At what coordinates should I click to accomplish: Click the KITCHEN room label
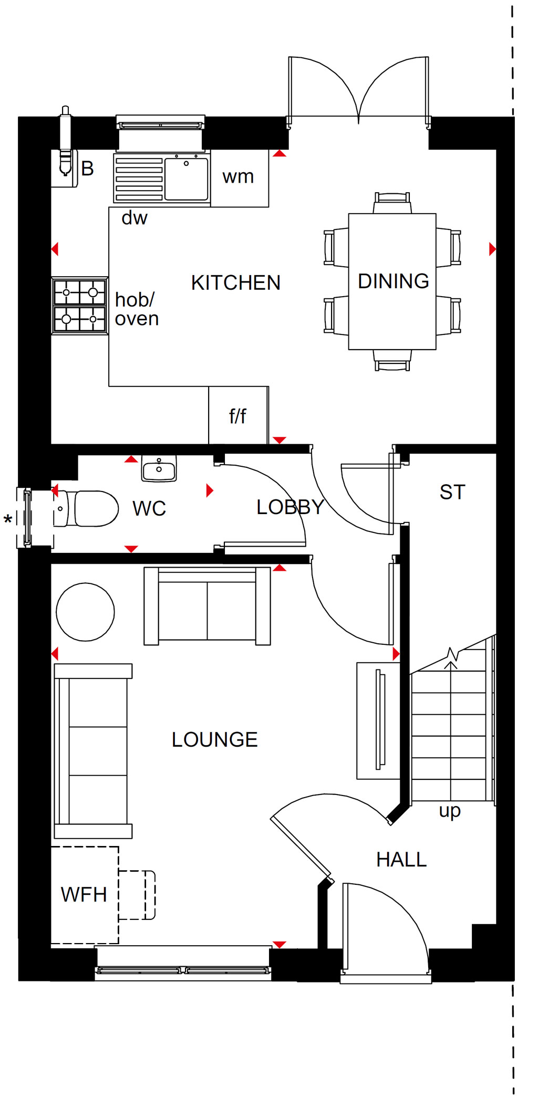[x=236, y=283]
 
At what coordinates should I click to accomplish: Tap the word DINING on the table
[x=394, y=281]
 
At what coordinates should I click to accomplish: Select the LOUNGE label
[x=215, y=739]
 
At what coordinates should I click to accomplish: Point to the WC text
[x=149, y=508]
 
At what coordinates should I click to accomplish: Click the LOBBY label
[x=291, y=507]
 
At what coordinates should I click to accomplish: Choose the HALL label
[x=401, y=860]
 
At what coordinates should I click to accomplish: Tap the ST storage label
[x=452, y=492]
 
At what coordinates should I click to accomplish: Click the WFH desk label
[x=84, y=894]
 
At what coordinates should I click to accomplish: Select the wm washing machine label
[x=238, y=177]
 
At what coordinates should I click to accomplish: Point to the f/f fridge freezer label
[x=237, y=416]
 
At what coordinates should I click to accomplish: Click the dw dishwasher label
[x=134, y=217]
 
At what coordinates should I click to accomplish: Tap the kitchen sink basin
[x=187, y=179]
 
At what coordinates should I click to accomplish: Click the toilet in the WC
[x=86, y=508]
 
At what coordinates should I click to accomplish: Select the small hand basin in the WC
[x=159, y=468]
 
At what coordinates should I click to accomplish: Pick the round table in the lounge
[x=85, y=612]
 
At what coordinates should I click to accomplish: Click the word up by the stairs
[x=450, y=811]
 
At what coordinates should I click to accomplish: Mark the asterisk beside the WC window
[x=8, y=520]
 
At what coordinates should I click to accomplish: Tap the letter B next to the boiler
[x=87, y=169]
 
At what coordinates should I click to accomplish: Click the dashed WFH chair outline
[x=137, y=895]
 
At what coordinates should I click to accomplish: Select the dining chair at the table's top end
[x=392, y=203]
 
